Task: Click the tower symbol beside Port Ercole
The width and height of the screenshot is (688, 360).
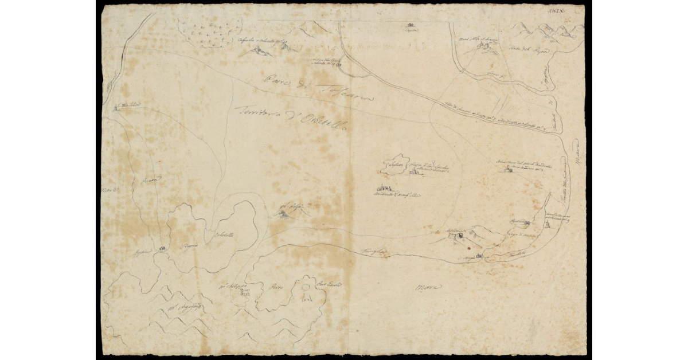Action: (308, 296)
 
